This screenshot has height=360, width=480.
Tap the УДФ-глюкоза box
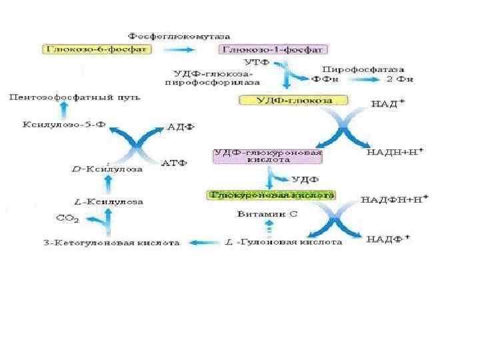point(294,100)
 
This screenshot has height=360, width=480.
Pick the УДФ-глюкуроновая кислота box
point(267,156)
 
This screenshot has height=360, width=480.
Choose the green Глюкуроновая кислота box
point(271,195)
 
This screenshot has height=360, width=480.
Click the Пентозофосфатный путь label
point(74,99)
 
